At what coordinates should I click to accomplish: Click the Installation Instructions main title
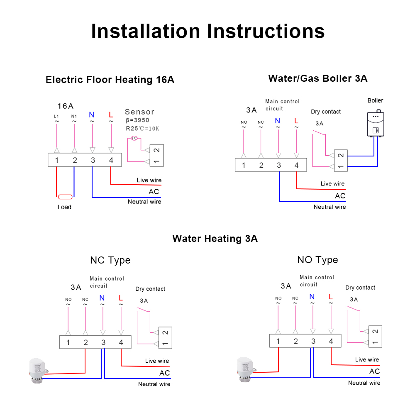point(207,32)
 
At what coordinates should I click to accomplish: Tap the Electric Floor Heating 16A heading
point(110,80)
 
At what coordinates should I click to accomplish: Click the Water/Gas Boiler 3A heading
point(317,78)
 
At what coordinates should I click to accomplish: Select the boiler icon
point(376,124)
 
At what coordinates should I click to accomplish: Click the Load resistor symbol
point(65,197)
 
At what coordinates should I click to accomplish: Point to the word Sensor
point(139,112)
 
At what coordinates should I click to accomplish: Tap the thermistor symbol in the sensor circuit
point(134,139)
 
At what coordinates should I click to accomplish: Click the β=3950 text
point(137,120)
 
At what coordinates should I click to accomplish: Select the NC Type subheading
point(110,260)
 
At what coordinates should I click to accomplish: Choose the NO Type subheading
point(317,260)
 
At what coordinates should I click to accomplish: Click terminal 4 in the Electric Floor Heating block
point(111,160)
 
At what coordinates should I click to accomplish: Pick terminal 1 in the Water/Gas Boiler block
point(244,165)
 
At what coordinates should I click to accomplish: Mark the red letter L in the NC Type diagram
point(121,298)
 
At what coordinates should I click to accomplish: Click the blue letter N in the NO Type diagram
point(312,297)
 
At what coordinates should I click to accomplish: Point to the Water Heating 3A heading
point(215,239)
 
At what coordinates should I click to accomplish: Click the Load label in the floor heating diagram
point(64,207)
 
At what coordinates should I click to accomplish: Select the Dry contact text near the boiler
point(326,112)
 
